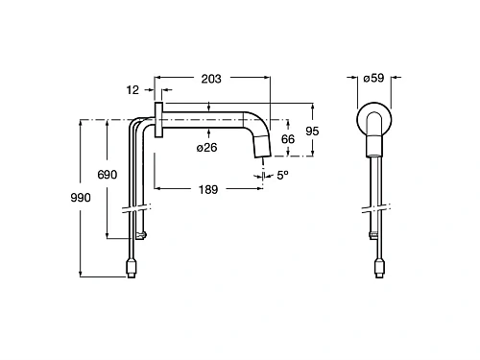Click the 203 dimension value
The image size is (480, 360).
point(211,79)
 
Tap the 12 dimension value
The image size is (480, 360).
point(132,90)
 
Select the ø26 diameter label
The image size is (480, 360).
point(206,148)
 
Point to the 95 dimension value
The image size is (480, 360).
point(312,132)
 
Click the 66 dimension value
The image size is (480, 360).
point(288,139)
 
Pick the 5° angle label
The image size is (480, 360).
point(282,175)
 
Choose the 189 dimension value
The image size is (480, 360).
point(208,190)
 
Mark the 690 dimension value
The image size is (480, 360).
point(108,175)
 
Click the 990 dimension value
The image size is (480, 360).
point(81,198)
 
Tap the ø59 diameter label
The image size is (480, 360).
point(373,78)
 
